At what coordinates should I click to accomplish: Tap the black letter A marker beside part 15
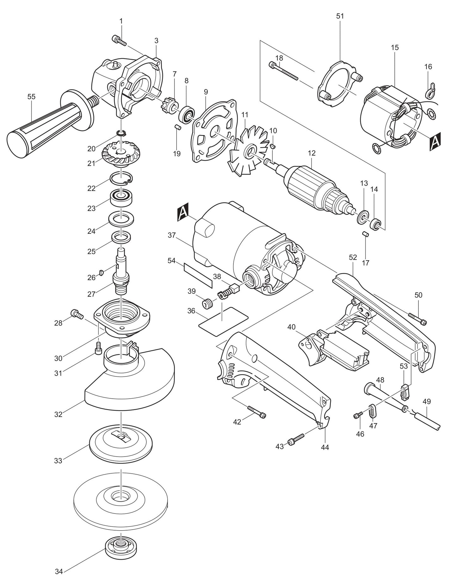435,140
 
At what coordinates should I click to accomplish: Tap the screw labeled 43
296,439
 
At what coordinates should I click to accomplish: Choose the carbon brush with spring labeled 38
225,292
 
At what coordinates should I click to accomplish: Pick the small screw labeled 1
119,40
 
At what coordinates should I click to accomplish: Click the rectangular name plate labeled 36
223,321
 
